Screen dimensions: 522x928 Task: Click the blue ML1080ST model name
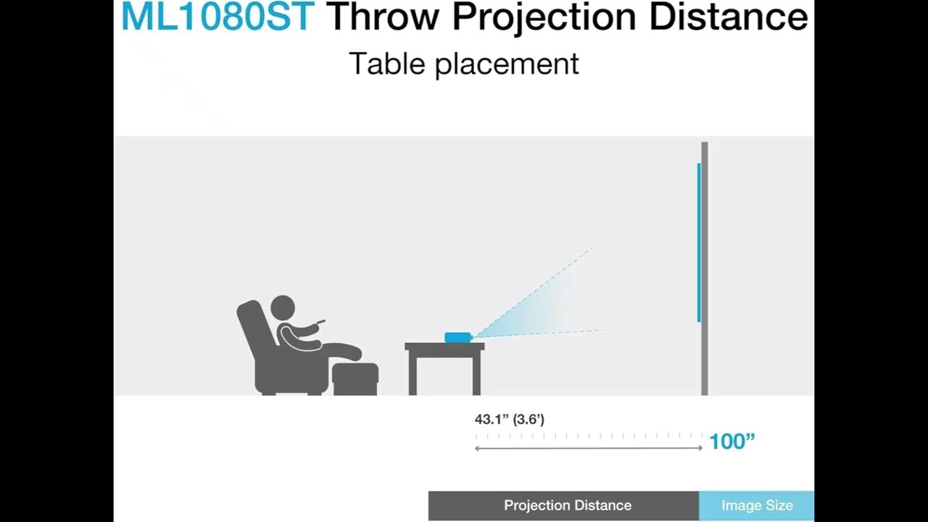pyautogui.click(x=217, y=17)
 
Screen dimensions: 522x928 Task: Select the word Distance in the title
pyautogui.click(x=728, y=17)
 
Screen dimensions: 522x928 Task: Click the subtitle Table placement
pyautogui.click(x=464, y=64)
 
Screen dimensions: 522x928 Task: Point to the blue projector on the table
pyautogui.click(x=458, y=336)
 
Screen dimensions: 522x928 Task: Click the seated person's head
pyautogui.click(x=283, y=308)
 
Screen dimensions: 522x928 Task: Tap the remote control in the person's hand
pyautogui.click(x=320, y=321)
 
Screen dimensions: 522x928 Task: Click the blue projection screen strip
pyautogui.click(x=699, y=243)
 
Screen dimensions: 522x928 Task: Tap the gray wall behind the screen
pyautogui.click(x=705, y=268)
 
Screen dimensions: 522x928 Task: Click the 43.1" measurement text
pyautogui.click(x=491, y=419)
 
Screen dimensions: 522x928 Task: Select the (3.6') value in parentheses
pyautogui.click(x=528, y=419)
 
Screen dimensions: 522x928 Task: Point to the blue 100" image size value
pyautogui.click(x=732, y=441)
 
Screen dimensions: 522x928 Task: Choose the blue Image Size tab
pyautogui.click(x=757, y=505)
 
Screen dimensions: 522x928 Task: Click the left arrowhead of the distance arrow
pyautogui.click(x=477, y=448)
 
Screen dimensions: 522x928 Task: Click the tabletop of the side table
pyautogui.click(x=444, y=347)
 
